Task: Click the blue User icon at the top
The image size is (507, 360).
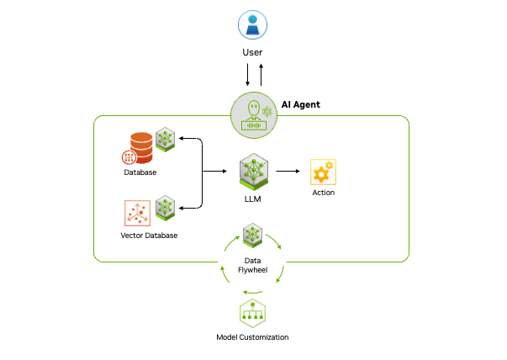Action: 252,24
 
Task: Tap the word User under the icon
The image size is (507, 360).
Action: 252,53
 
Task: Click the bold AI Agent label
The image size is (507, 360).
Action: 300,105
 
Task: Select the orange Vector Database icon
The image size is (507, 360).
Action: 137,213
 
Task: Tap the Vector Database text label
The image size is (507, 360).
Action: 150,236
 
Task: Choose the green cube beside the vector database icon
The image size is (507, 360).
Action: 166,207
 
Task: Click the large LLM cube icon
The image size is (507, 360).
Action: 253,171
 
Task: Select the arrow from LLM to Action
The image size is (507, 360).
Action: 288,171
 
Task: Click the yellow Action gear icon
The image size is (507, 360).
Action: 323,172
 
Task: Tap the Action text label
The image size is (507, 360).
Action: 323,193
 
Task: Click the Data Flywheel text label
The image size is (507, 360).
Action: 252,265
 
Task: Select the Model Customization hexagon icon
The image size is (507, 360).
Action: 252,312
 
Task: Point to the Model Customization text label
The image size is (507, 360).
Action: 252,337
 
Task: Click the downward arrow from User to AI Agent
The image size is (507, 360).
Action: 247,75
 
